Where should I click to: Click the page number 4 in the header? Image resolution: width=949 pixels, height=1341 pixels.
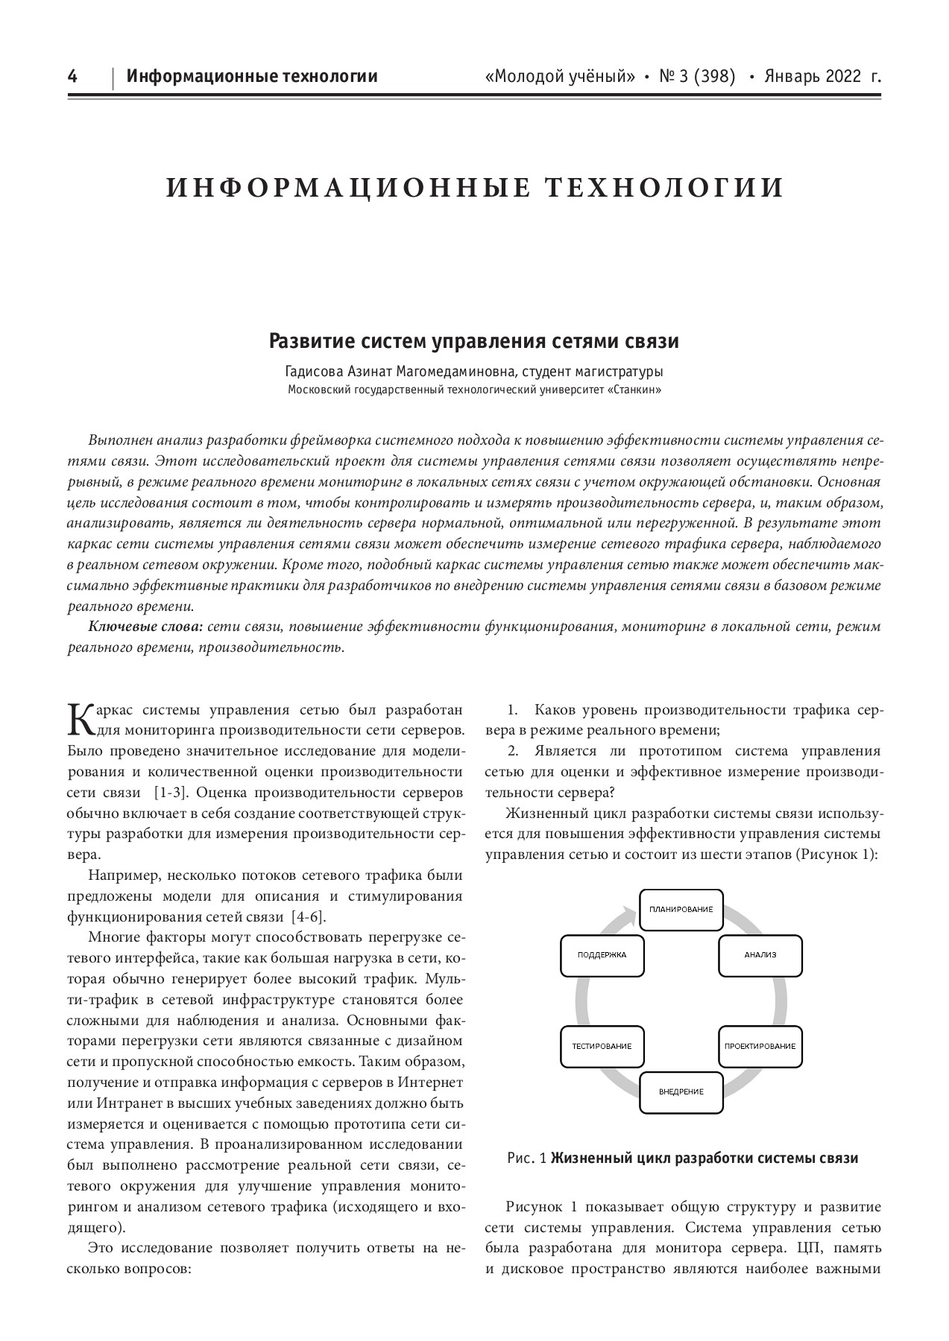pos(72,76)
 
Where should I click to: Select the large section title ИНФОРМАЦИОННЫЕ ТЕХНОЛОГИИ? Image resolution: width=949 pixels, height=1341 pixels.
pos(475,188)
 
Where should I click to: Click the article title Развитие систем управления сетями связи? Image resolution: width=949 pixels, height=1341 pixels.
pos(474,342)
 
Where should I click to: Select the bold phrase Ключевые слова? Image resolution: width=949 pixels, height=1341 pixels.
pos(145,627)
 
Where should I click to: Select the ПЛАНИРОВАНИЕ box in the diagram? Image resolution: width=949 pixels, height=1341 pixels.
pos(681,910)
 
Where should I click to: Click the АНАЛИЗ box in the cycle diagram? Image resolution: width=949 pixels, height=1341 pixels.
pos(760,955)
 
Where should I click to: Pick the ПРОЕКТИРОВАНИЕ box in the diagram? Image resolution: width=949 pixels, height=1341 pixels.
pos(760,1047)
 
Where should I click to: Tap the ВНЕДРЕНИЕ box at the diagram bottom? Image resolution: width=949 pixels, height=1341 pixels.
pos(681,1092)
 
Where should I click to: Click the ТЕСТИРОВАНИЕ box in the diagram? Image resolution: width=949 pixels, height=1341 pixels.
pos(602,1047)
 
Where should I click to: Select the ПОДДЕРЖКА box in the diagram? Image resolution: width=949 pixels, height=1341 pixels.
pos(602,955)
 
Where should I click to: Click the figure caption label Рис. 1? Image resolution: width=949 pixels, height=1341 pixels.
pos(527,1158)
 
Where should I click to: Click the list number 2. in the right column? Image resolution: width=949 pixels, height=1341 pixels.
pos(513,751)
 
